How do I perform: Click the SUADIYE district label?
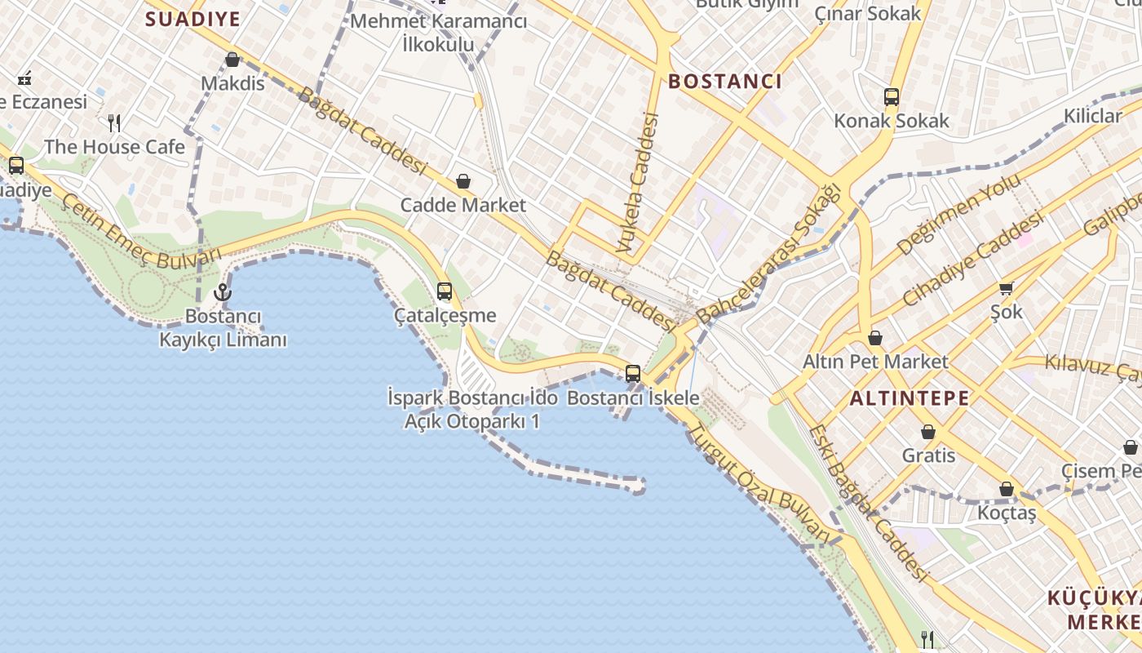pyautogui.click(x=193, y=19)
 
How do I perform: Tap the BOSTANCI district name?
pyautogui.click(x=725, y=81)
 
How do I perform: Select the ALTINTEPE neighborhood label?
pyautogui.click(x=910, y=398)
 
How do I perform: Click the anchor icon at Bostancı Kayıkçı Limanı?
pyautogui.click(x=222, y=291)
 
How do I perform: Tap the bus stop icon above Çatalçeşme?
pyautogui.click(x=445, y=291)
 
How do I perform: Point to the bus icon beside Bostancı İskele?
pyautogui.click(x=633, y=374)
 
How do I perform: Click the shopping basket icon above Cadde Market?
pyautogui.click(x=463, y=181)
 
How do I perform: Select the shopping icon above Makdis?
pyautogui.click(x=232, y=60)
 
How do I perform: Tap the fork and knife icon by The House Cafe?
pyautogui.click(x=114, y=123)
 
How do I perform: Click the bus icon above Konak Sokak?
pyautogui.click(x=892, y=97)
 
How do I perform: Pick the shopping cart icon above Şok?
pyautogui.click(x=1007, y=287)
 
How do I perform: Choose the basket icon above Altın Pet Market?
pyautogui.click(x=875, y=337)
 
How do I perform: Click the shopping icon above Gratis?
pyautogui.click(x=928, y=432)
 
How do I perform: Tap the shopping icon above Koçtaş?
pyautogui.click(x=1007, y=489)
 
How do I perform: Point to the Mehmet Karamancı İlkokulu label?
pyautogui.click(x=438, y=33)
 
